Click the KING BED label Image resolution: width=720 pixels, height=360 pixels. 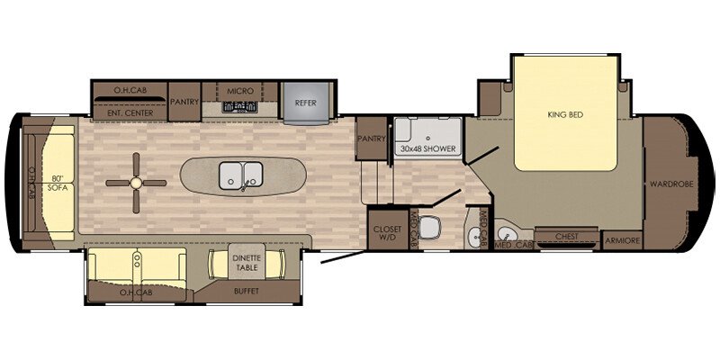pos(565,114)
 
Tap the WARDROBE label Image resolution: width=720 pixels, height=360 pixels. pos(667,184)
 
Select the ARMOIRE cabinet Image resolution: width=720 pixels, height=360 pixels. pos(622,239)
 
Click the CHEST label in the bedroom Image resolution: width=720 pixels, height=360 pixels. pos(566,238)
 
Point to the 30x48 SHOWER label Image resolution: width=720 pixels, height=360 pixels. pos(427,148)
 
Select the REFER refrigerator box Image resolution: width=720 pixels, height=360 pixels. pos(305,103)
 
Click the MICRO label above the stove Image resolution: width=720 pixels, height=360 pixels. pos(239,91)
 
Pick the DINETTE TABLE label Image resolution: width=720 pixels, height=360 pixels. pos(245,263)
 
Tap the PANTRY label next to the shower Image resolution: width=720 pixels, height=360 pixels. pos(371,139)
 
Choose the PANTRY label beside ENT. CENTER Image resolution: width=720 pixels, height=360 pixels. pos(184,102)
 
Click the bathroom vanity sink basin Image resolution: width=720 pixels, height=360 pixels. pos(474,237)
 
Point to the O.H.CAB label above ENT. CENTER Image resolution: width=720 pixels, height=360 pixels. pos(130,90)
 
